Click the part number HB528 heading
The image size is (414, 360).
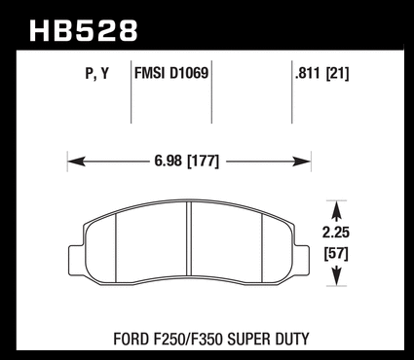point(84,31)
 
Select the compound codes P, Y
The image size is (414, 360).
point(97,73)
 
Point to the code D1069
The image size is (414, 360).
point(189,73)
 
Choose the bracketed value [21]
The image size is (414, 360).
point(337,74)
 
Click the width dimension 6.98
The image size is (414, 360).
point(168,161)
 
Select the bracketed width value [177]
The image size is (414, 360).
point(204,162)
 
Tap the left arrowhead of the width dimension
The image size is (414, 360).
point(77,162)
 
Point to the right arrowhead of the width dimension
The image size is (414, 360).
point(302,162)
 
